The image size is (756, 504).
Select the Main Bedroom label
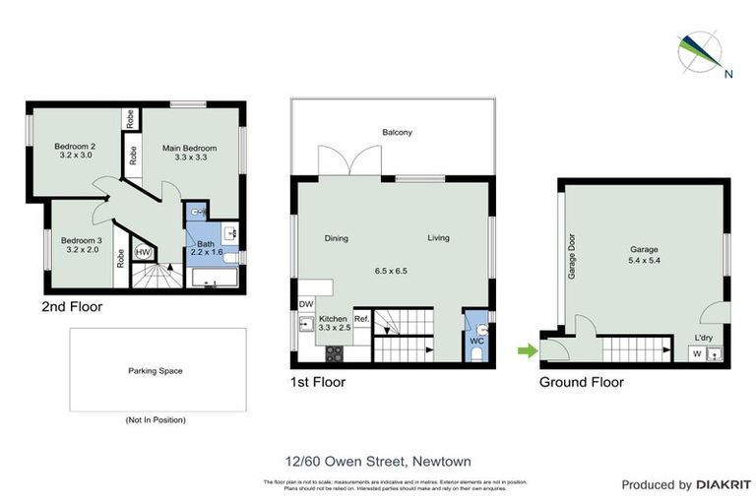(x=189, y=149)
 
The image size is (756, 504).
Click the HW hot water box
(x=142, y=252)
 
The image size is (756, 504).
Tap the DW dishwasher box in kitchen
(x=306, y=305)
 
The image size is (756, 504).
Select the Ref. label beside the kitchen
(x=360, y=319)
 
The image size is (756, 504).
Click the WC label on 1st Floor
(x=476, y=341)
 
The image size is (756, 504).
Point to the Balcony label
(x=398, y=133)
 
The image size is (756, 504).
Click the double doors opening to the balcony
(x=348, y=160)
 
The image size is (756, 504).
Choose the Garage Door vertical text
(x=571, y=258)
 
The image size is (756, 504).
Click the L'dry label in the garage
(x=704, y=338)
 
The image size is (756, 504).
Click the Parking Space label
(x=156, y=371)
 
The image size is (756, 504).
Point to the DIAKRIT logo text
(x=713, y=484)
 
